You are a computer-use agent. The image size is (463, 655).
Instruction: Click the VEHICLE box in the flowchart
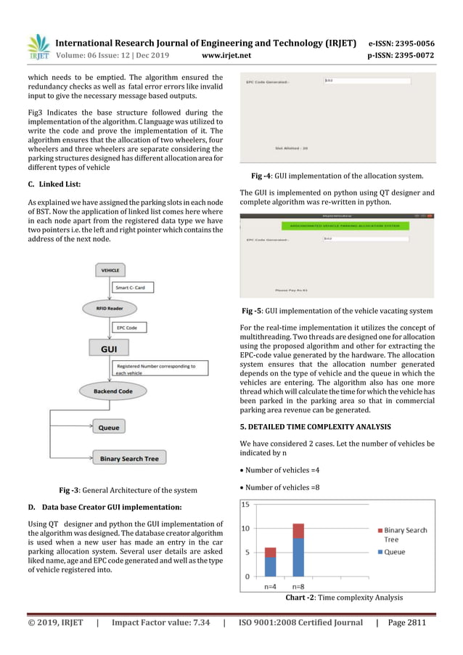[110, 270]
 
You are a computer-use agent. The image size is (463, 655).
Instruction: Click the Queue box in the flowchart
[109, 428]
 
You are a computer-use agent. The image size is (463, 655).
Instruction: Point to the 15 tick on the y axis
[247, 505]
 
